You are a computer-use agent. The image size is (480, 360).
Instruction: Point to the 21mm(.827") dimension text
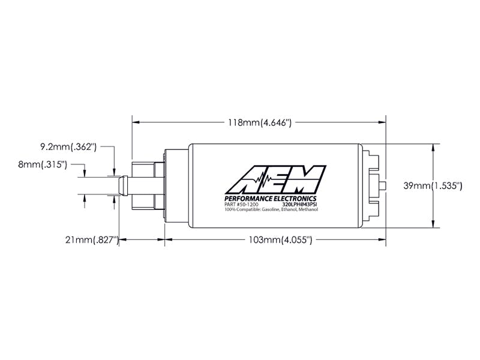91,240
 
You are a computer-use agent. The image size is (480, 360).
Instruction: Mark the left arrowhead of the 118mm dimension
135,122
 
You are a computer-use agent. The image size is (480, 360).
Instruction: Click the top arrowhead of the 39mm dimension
433,147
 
